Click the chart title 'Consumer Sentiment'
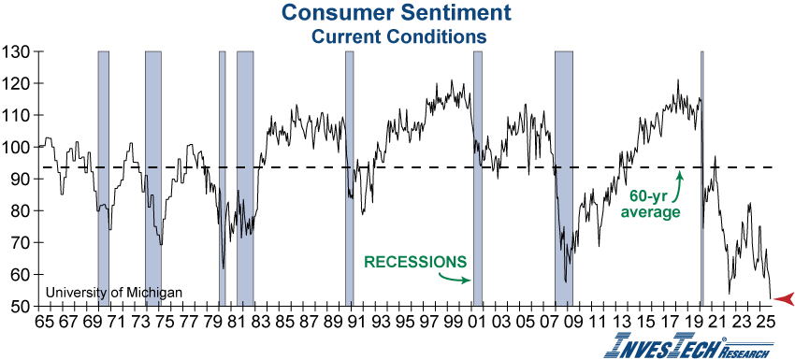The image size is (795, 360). coord(398,13)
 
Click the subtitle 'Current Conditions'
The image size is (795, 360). coord(398,36)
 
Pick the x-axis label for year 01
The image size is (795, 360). coord(478,320)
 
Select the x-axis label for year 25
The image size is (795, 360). coord(764,320)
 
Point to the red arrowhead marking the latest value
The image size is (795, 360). coord(784,298)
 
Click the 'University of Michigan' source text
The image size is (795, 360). coord(113,293)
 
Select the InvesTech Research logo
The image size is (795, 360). coord(689,345)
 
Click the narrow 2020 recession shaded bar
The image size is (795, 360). coord(701,178)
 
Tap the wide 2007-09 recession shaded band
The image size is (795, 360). coord(564,178)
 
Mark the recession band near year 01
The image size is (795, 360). coord(478,178)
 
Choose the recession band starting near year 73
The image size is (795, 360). coord(153,178)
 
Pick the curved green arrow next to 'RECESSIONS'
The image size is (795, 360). coord(455,276)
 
